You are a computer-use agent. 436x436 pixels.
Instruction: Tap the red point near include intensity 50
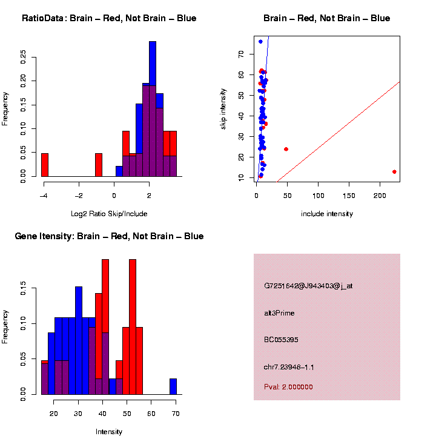coord(286,149)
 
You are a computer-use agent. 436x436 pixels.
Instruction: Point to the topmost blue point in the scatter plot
coord(260,42)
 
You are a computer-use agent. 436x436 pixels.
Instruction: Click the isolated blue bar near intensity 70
coord(173,386)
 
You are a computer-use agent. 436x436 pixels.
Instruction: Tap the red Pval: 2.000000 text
coord(288,386)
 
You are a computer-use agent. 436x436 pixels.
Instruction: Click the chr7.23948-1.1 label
coord(289,367)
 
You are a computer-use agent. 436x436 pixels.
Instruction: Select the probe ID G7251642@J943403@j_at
coord(308,286)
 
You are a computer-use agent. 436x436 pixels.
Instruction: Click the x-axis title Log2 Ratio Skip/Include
coord(109,213)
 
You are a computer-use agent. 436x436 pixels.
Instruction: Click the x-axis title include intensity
coord(327,214)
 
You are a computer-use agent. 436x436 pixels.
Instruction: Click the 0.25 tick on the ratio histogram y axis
coord(24,56)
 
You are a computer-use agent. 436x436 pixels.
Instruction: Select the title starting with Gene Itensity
coord(109,236)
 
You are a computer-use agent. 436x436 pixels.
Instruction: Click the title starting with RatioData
coord(109,18)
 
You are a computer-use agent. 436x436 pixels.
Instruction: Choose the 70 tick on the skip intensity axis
coord(241,54)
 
